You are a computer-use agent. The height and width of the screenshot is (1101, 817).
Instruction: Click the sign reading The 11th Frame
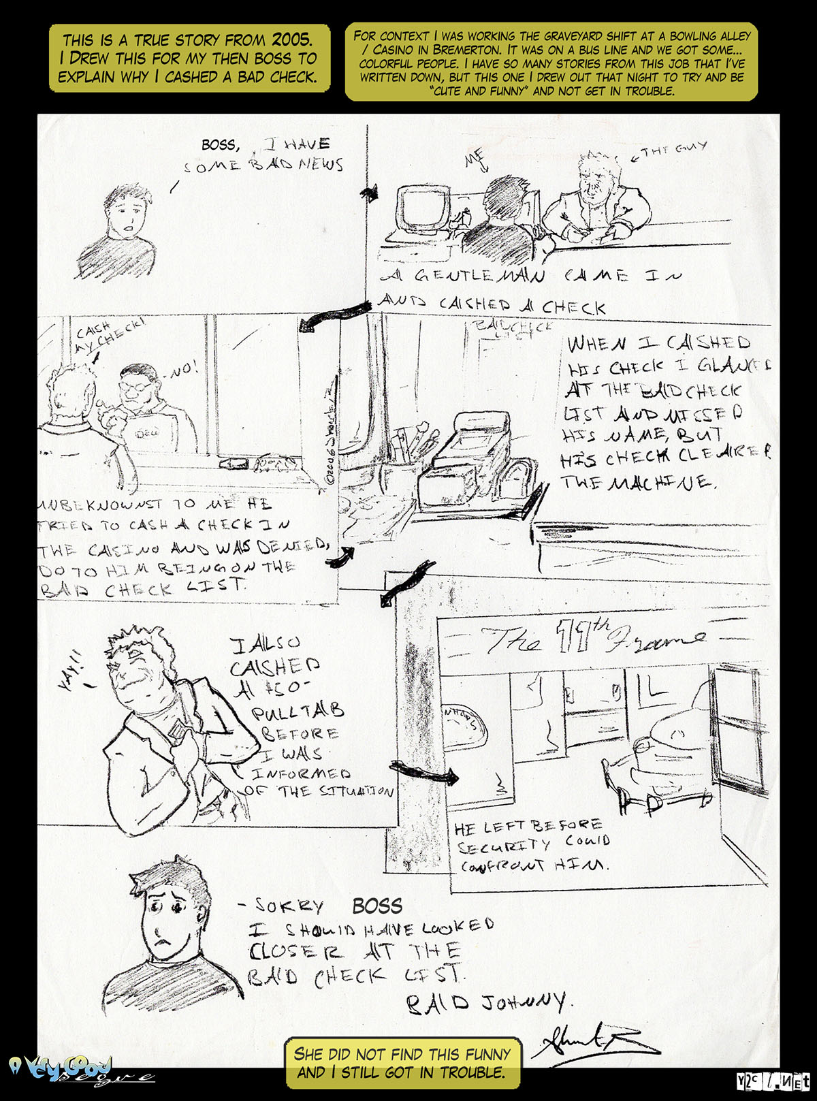[592, 639]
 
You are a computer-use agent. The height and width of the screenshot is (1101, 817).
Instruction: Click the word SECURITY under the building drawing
[504, 846]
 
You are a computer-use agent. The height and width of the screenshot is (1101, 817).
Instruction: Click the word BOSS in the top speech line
[219, 144]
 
